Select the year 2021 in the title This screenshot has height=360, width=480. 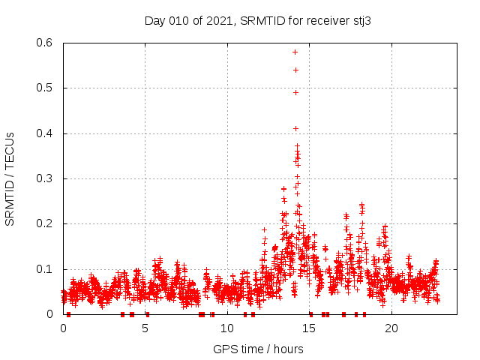pyautogui.click(x=218, y=21)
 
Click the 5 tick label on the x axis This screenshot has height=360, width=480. pyautogui.click(x=145, y=328)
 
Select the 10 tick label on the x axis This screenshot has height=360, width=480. pyautogui.click(x=227, y=328)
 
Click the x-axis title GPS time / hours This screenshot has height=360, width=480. pyautogui.click(x=258, y=349)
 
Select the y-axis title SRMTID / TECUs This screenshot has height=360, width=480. pyautogui.click(x=10, y=179)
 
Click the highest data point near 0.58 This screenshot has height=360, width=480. pyautogui.click(x=295, y=52)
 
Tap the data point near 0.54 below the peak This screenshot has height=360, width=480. pyautogui.click(x=295, y=70)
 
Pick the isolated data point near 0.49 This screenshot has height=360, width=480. pyautogui.click(x=295, y=92)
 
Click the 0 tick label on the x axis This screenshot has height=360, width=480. pyautogui.click(x=64, y=328)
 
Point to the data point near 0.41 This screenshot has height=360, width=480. pyautogui.click(x=295, y=128)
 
